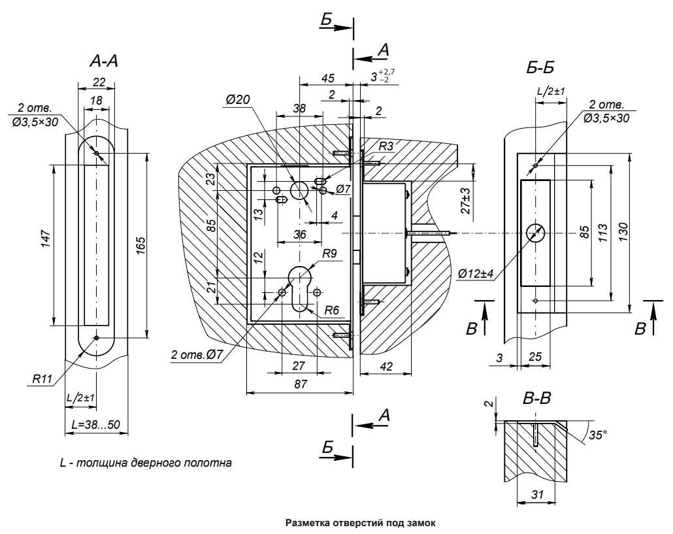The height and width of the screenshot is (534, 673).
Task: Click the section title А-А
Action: pyautogui.click(x=104, y=61)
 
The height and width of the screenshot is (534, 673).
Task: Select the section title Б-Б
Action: pyautogui.click(x=540, y=67)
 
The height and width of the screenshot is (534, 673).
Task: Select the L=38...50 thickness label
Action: pyautogui.click(x=95, y=424)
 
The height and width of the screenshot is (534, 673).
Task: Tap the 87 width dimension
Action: pyautogui.click(x=300, y=384)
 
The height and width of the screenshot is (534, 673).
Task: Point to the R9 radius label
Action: pyautogui.click(x=329, y=252)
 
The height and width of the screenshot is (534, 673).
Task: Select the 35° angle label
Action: pyautogui.click(x=598, y=434)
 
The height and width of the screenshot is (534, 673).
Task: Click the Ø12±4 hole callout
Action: pyautogui.click(x=475, y=274)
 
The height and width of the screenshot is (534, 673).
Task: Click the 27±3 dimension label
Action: pyautogui.click(x=465, y=201)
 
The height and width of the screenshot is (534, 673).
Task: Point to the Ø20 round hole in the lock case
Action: pyautogui.click(x=300, y=191)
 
